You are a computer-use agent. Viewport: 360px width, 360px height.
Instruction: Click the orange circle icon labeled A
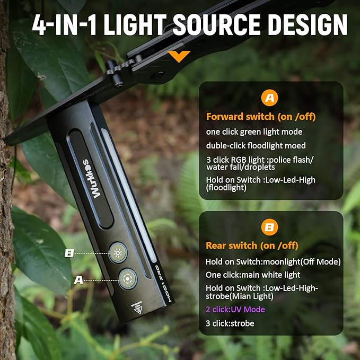[270, 98]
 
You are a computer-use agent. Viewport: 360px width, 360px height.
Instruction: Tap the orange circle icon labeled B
[270, 228]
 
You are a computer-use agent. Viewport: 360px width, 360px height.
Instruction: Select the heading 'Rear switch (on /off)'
[252, 245]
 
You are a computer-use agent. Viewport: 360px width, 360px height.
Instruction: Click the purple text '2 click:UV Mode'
[235, 309]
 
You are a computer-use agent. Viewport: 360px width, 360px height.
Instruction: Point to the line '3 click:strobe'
[230, 323]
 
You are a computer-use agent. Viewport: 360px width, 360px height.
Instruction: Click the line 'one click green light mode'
[254, 131]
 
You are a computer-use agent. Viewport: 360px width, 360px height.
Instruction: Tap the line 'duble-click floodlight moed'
[256, 145]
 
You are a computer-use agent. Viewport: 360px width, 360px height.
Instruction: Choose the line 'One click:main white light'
[253, 275]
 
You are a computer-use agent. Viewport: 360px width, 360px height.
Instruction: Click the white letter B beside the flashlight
[68, 253]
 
